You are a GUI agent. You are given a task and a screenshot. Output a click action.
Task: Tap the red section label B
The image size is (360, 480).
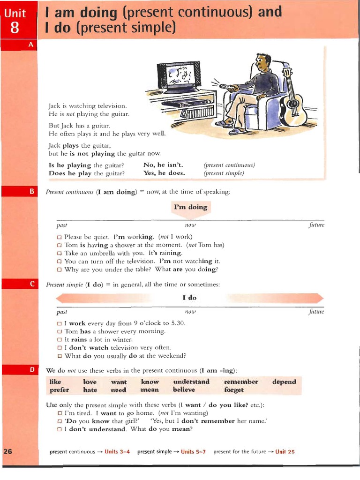point(32,191)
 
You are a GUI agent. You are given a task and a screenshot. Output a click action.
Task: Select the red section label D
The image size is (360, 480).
point(32,370)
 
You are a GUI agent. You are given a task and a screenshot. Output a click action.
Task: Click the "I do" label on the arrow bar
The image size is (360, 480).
point(189,298)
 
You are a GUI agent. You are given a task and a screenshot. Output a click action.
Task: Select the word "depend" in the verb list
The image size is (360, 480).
point(284,382)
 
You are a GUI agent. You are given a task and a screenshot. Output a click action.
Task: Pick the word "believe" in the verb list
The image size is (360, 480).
point(184,390)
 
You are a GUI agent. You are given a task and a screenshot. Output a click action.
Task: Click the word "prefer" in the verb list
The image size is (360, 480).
point(59,390)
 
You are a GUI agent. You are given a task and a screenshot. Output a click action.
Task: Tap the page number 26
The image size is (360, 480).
point(7,451)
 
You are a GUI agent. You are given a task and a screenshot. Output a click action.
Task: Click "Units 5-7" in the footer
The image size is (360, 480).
point(194,452)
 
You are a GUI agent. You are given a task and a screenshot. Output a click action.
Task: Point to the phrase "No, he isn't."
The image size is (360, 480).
point(163,165)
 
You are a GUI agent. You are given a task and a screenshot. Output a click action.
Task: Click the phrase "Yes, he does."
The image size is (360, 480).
point(164,173)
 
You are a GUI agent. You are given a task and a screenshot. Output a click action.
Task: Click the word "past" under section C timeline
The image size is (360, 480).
point(61,312)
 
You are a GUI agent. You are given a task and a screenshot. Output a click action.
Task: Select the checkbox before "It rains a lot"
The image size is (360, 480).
point(59,340)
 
